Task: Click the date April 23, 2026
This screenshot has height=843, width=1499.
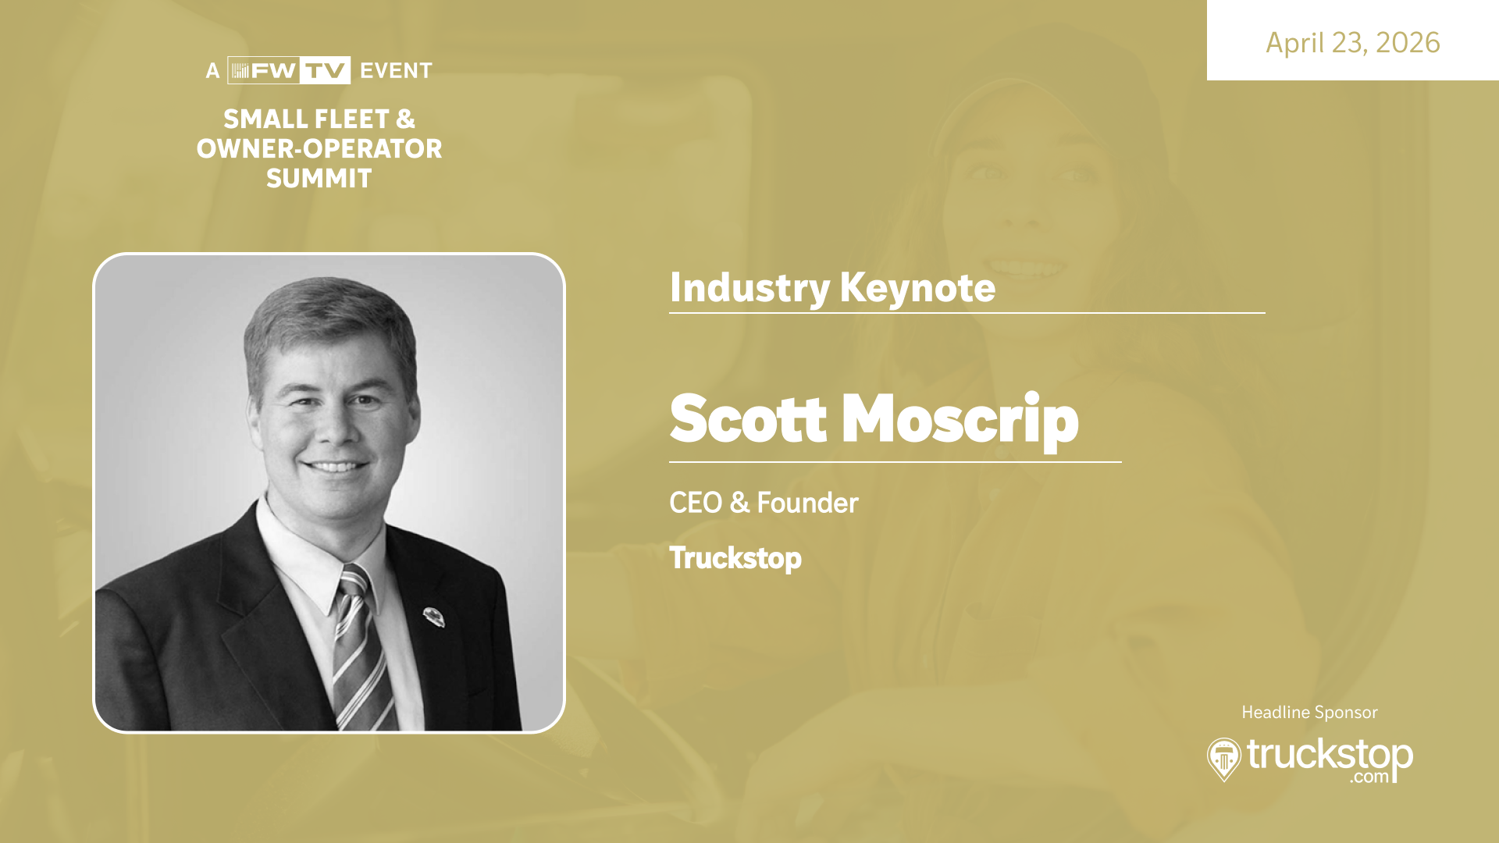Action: point(1352,43)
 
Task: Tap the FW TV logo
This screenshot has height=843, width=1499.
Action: point(289,70)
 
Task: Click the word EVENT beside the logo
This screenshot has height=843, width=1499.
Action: point(396,71)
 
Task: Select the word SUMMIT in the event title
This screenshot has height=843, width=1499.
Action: point(319,179)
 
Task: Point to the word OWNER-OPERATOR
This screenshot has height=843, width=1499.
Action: point(319,148)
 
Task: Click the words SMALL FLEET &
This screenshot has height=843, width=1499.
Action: point(319,119)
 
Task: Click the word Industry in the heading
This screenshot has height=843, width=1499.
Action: point(749,288)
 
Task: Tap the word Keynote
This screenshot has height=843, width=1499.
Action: point(917,288)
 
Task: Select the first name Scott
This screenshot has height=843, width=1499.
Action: point(748,419)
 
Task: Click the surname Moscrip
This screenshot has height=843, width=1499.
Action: point(960,421)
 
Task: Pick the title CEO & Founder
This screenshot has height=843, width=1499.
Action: point(764,503)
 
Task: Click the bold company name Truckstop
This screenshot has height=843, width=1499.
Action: point(735,559)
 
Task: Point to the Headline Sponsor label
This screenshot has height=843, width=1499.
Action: point(1309,713)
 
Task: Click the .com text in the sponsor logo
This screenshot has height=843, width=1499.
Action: point(1370,777)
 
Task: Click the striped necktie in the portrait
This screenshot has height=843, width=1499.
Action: point(361,648)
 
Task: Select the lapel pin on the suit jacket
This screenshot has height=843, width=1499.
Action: point(433,617)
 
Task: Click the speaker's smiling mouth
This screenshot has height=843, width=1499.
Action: point(336,467)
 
